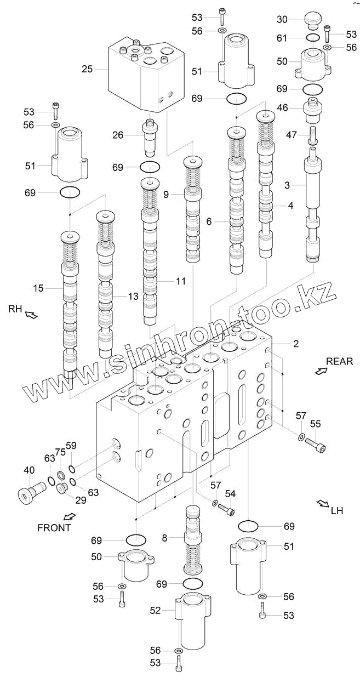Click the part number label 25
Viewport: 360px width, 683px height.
(x=87, y=70)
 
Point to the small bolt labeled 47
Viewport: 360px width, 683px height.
(x=313, y=134)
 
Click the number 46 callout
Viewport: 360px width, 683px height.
(x=282, y=108)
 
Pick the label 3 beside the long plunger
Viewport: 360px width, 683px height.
(x=287, y=185)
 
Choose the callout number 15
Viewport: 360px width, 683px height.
(x=38, y=287)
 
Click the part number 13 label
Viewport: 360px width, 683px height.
(x=133, y=296)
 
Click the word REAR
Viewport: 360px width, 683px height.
(x=339, y=361)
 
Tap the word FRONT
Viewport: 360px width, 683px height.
(x=54, y=528)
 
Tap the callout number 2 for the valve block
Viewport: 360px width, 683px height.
(x=295, y=344)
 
